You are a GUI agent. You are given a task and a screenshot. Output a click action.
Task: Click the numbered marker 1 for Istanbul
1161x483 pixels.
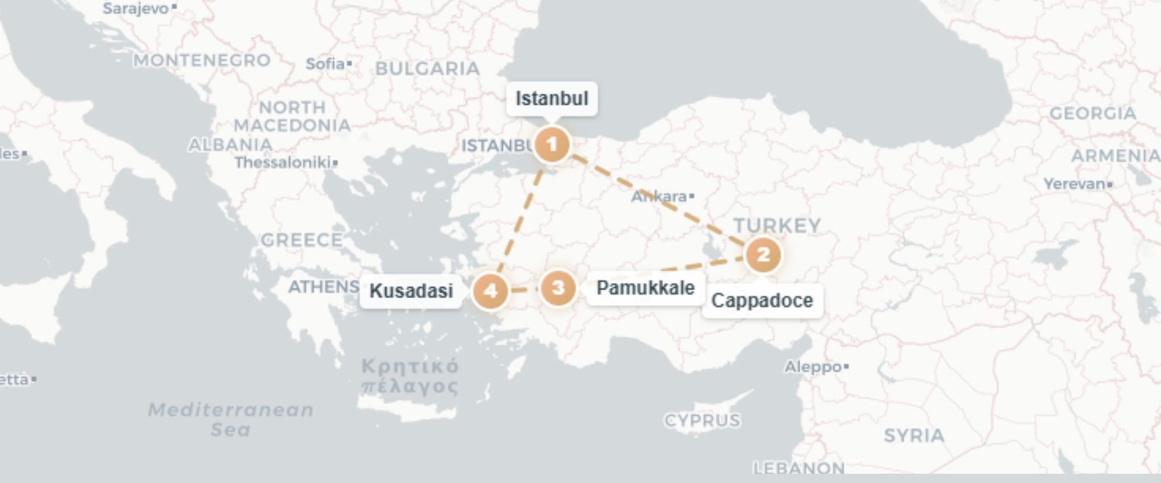(551, 144)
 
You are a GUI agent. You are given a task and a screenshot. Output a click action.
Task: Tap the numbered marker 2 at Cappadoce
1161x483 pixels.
(763, 255)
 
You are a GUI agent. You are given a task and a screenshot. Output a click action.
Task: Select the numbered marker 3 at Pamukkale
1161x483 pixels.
(558, 288)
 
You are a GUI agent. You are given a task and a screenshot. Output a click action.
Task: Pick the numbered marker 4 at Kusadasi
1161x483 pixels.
(491, 291)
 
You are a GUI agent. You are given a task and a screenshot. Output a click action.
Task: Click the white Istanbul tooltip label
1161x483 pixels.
(551, 99)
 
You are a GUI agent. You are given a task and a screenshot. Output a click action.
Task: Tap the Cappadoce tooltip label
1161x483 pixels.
(762, 300)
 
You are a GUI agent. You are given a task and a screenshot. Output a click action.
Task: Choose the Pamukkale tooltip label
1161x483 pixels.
(646, 288)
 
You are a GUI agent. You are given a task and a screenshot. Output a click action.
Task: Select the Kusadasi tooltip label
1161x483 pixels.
(411, 291)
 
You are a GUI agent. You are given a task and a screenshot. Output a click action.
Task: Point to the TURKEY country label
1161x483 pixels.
(777, 226)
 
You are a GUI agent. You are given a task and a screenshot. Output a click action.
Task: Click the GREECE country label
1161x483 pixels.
(301, 240)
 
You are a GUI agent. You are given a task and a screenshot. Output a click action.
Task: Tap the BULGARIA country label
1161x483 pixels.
(427, 69)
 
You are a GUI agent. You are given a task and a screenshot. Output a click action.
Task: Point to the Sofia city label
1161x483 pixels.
(326, 63)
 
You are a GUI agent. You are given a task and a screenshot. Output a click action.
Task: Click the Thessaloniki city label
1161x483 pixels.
(283, 162)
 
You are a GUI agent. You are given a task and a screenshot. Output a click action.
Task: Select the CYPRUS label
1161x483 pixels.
(702, 420)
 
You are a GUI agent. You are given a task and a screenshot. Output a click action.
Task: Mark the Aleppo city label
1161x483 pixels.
(813, 367)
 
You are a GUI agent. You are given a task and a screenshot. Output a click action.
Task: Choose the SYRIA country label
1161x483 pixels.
(914, 435)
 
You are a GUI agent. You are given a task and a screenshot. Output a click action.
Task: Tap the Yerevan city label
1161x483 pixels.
(1075, 184)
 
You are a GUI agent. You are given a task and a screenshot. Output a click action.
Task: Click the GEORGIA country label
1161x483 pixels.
(1093, 113)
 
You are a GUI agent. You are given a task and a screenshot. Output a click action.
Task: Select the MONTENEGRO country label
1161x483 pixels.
(202, 60)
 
